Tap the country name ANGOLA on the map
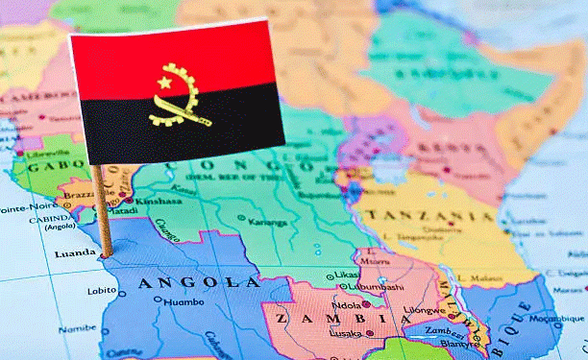(x=198, y=282)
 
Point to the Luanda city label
(x=77, y=254)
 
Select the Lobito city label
(x=102, y=291)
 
